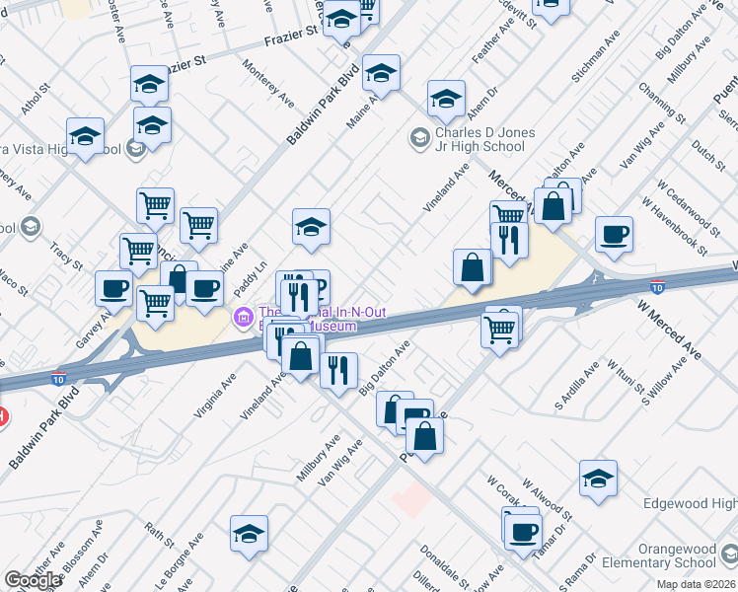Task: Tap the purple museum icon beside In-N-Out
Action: [x=241, y=317]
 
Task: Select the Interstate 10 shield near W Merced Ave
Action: [x=658, y=286]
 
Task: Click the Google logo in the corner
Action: [x=32, y=580]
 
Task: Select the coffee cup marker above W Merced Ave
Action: [x=614, y=235]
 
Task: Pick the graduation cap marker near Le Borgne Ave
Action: [x=249, y=534]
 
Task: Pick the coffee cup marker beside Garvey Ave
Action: [x=113, y=288]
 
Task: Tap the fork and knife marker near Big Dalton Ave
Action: [x=338, y=371]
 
